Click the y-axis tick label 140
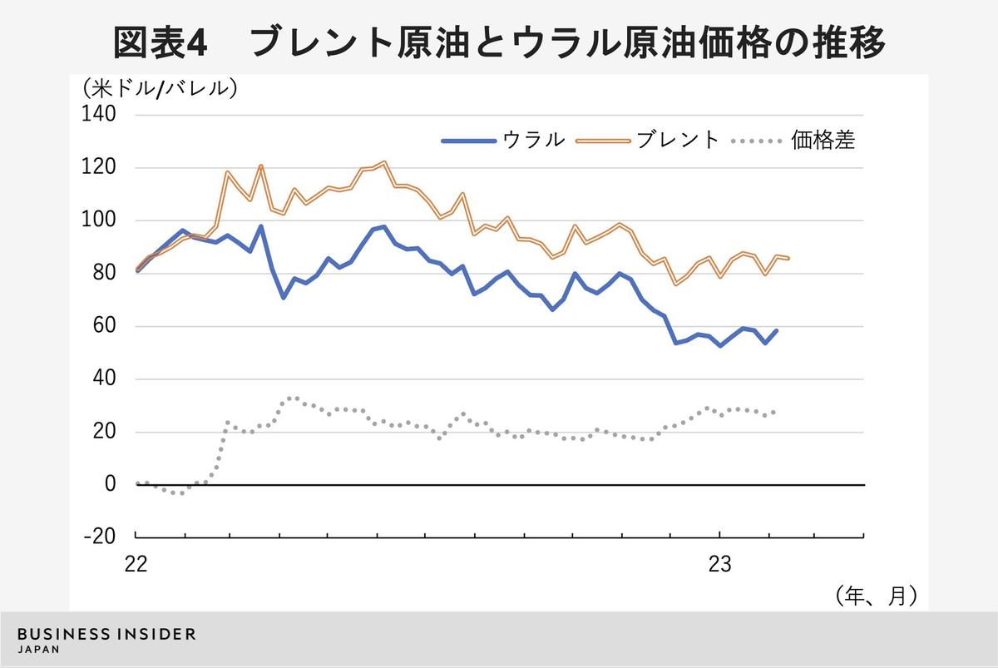[100, 115]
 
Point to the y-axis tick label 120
[100, 168]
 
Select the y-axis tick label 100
[100, 220]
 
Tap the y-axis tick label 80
[105, 273]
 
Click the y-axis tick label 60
[105, 326]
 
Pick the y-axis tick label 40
[105, 379]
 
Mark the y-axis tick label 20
[105, 432]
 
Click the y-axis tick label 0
[111, 484]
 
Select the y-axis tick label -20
[101, 537]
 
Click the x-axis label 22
[136, 564]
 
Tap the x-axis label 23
[719, 564]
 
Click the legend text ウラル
[533, 140]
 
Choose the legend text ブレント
[678, 140]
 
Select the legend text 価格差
[823, 140]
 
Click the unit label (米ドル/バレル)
[159, 87]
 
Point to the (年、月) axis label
[876, 595]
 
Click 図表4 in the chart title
[159, 43]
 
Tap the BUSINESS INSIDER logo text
[106, 634]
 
